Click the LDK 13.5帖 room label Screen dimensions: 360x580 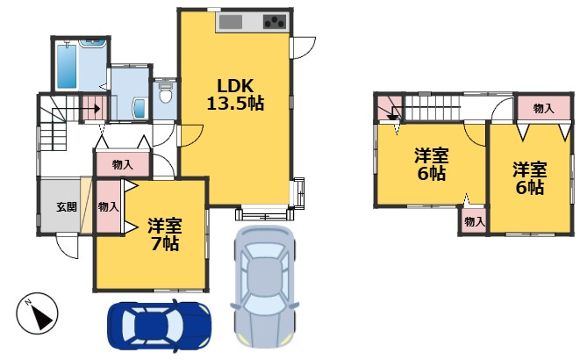click(x=234, y=94)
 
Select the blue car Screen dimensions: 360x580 click(x=158, y=326)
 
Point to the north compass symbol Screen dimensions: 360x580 click(x=36, y=312)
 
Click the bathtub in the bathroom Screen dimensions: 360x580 click(x=68, y=67)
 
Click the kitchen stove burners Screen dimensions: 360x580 click(x=276, y=22)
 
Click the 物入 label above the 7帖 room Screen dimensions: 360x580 click(x=123, y=164)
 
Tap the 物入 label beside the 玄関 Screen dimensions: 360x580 click(x=108, y=207)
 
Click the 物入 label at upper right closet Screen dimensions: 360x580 click(x=543, y=108)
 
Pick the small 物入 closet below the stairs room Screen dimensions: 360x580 click(x=474, y=222)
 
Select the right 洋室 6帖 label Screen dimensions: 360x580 click(x=529, y=177)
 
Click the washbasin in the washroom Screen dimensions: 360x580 click(x=139, y=108)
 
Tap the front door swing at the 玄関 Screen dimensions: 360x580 click(x=67, y=247)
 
